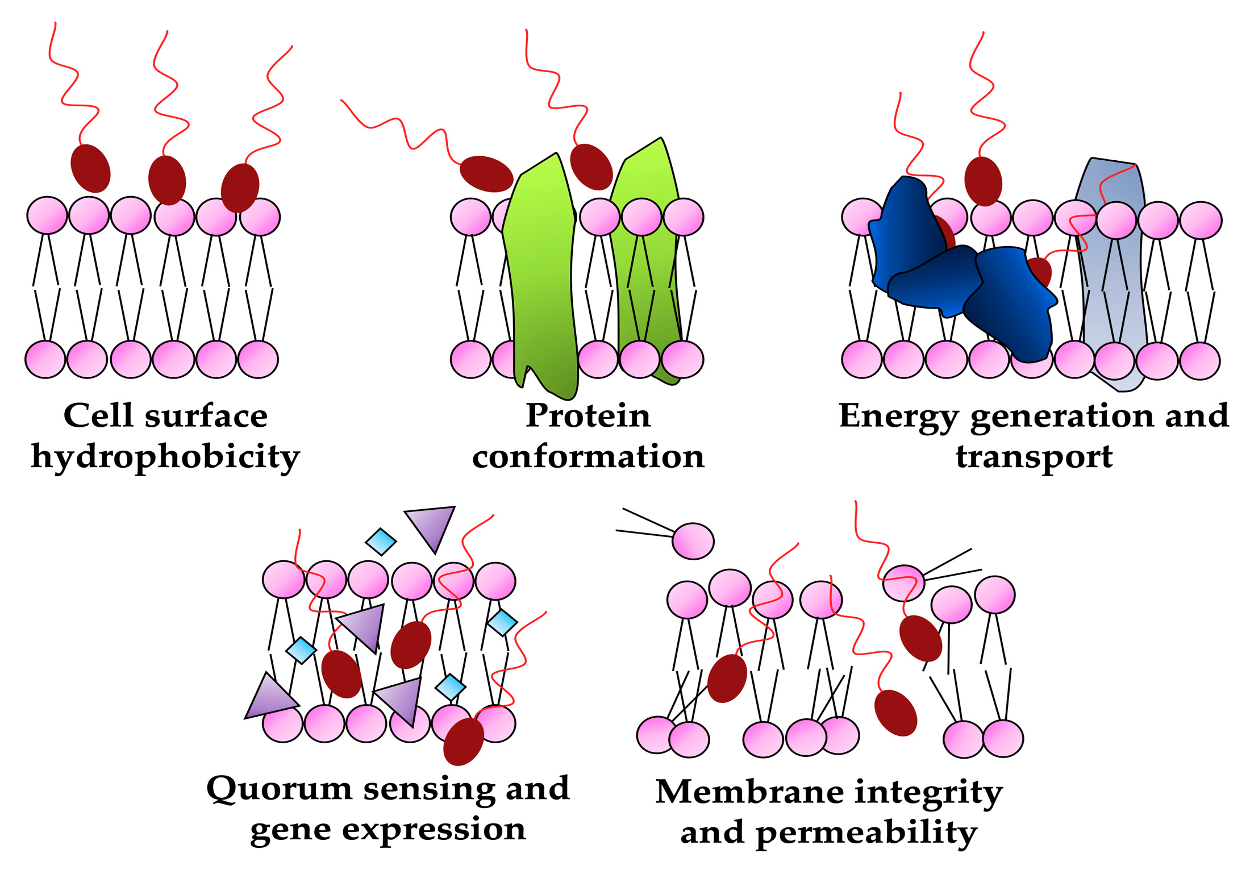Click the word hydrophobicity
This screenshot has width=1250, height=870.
[165, 457]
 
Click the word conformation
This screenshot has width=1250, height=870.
[588, 456]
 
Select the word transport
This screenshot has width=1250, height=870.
[1034, 457]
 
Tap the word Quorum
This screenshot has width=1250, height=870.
[279, 789]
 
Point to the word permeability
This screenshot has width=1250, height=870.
[866, 833]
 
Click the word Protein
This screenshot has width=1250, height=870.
[588, 415]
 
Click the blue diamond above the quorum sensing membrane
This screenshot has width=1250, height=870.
[381, 541]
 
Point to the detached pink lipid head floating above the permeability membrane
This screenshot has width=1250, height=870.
[693, 541]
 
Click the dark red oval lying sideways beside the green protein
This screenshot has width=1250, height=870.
[486, 174]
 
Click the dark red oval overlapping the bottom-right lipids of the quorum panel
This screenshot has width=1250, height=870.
[464, 741]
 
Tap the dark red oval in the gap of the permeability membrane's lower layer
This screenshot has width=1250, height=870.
[895, 713]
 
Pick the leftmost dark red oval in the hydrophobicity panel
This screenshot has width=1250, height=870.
[90, 168]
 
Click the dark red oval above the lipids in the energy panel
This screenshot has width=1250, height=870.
[983, 181]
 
